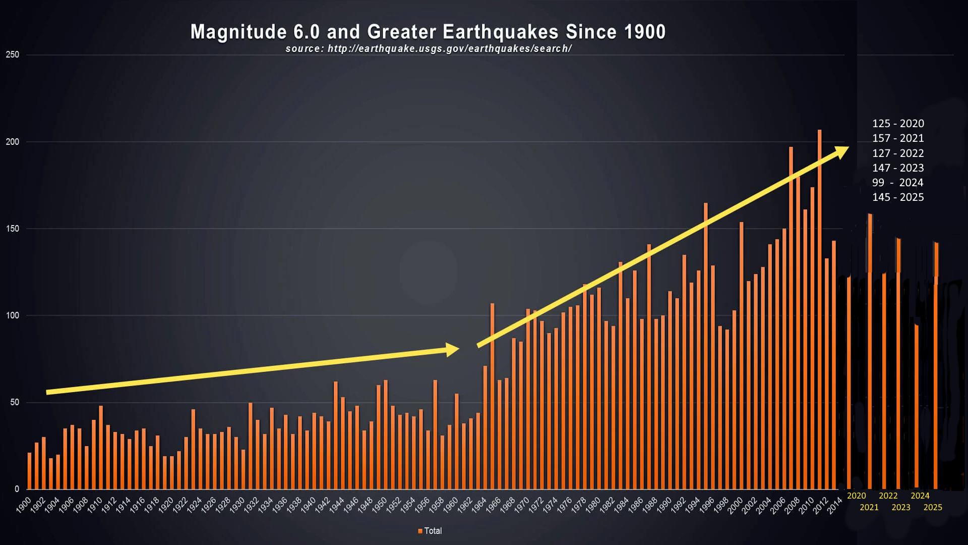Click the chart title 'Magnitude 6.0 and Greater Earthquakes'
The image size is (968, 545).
(x=428, y=32)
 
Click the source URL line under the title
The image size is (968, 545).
(x=429, y=49)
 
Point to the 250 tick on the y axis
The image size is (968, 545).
(x=13, y=54)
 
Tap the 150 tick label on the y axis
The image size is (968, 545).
(x=13, y=229)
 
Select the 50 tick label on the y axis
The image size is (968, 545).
(x=14, y=402)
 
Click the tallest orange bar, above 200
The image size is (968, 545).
(x=819, y=303)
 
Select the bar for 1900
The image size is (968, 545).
(x=29, y=472)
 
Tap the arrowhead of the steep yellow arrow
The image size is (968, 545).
(x=842, y=151)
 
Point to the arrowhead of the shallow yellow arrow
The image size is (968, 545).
(x=452, y=349)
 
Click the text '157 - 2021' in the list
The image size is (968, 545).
(x=898, y=138)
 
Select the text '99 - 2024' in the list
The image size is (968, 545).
(x=898, y=183)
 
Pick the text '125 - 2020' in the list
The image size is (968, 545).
(x=898, y=124)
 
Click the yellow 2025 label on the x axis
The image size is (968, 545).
(x=933, y=508)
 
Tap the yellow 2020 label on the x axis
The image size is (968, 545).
(x=856, y=496)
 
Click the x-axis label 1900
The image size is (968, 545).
(x=24, y=505)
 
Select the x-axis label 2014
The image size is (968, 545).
(x=835, y=505)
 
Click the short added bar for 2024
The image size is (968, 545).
(x=917, y=404)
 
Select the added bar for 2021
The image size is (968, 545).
(x=870, y=353)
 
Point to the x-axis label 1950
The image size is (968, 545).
(x=379, y=505)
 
